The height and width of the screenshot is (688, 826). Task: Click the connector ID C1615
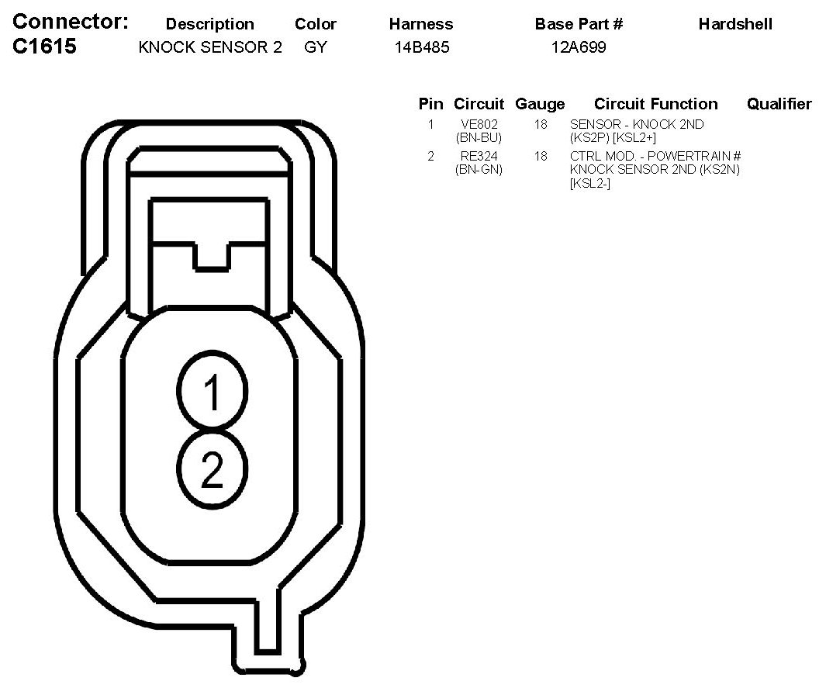[x=44, y=47]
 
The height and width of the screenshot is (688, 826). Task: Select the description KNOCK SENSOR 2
[x=210, y=47]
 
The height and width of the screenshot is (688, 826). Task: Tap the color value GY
[x=316, y=47]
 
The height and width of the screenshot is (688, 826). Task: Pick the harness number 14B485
[x=422, y=47]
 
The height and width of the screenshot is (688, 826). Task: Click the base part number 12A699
[x=579, y=47]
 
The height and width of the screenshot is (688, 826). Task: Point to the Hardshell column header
[x=735, y=24]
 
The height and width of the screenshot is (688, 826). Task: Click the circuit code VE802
[x=479, y=124]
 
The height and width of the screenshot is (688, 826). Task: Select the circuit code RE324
[x=479, y=156]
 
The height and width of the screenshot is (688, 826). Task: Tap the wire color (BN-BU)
[x=479, y=138]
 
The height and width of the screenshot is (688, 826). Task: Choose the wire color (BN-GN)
[x=479, y=170]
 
